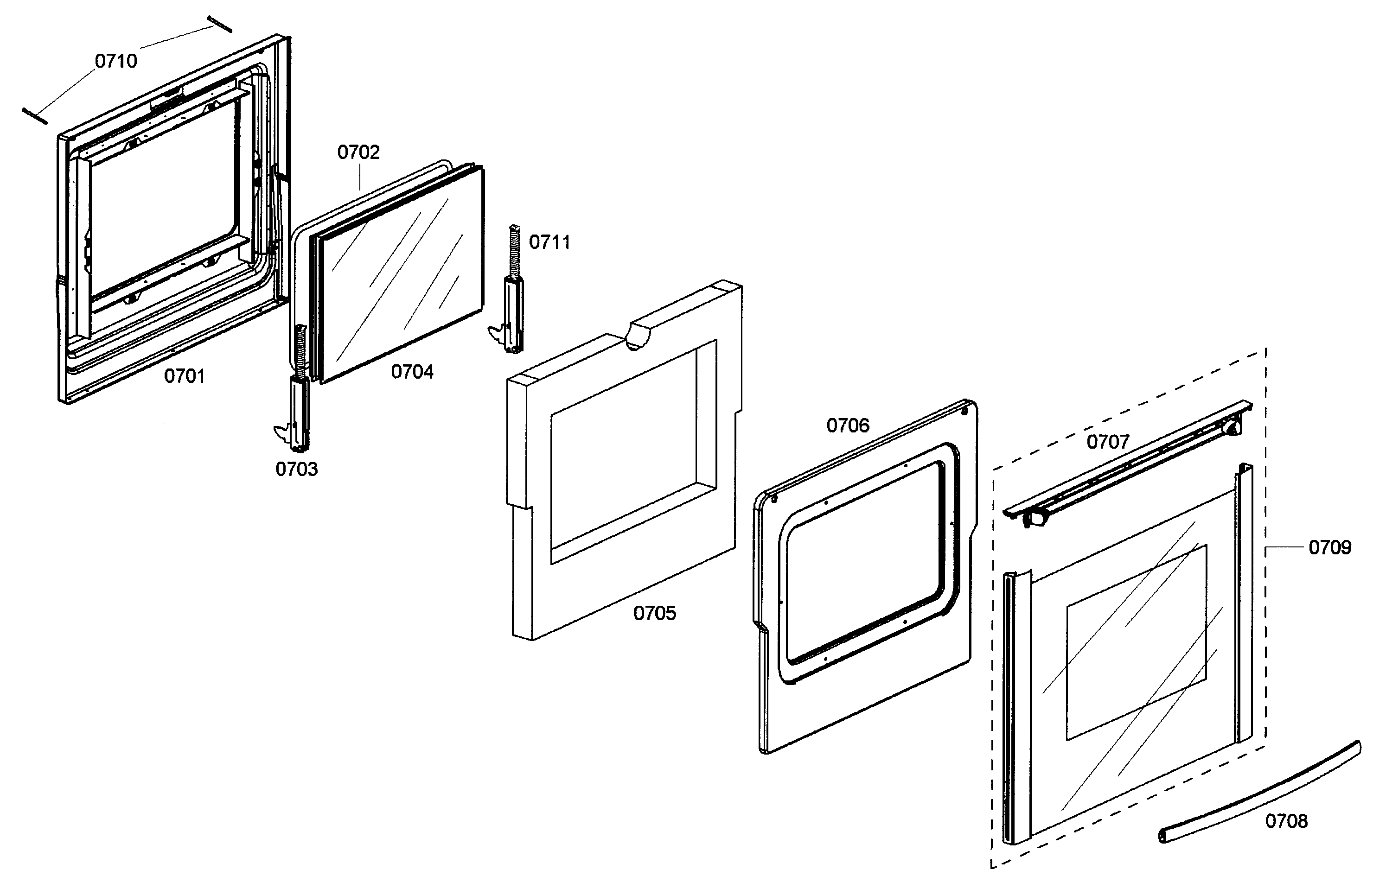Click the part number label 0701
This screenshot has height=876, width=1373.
[x=184, y=376]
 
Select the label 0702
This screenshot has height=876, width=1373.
[x=358, y=152]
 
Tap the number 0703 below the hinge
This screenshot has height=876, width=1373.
[x=296, y=469]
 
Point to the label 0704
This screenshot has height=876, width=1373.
[x=412, y=372]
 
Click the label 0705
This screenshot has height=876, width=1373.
[x=655, y=613]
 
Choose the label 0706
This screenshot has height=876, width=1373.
[x=848, y=425]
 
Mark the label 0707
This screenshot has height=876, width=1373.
[x=1108, y=442]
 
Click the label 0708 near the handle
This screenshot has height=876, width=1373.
[x=1286, y=821]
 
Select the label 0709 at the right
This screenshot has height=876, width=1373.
[x=1330, y=547]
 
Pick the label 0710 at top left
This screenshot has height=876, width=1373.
[x=116, y=61]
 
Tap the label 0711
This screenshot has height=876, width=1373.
[x=549, y=242]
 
